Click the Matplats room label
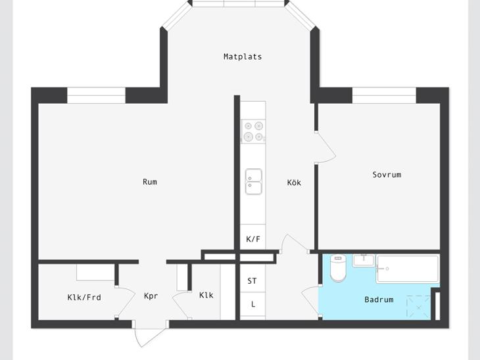(243, 56)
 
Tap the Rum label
(150, 182)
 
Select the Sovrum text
(387, 175)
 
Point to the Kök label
(294, 183)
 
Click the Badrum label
(379, 300)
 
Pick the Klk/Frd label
(84, 298)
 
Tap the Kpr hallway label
(151, 296)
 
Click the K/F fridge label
(253, 239)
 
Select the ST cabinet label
(252, 281)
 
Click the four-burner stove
(253, 131)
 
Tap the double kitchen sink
(253, 181)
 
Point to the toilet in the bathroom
(338, 268)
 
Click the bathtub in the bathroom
(408, 269)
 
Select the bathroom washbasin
(364, 260)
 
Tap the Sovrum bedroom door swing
(325, 147)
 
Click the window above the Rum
(96, 95)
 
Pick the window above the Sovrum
(384, 95)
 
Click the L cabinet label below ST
(253, 304)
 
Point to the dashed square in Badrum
(418, 306)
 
